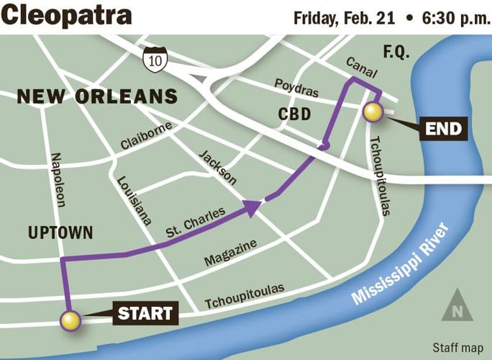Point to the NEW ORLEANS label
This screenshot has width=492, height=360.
pos(97,96)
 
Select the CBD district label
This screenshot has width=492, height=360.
pos(293,114)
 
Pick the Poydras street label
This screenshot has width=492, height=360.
pos(296,85)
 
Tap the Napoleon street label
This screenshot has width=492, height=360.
pos(57,179)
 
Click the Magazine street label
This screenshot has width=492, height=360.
pos(230,253)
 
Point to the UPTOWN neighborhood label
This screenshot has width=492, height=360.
pos(60,233)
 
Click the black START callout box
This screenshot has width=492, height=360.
pos(145,313)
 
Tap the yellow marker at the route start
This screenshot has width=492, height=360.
pos(70,320)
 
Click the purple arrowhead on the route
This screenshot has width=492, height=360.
pos(251,208)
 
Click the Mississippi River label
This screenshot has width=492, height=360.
pos(398,264)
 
